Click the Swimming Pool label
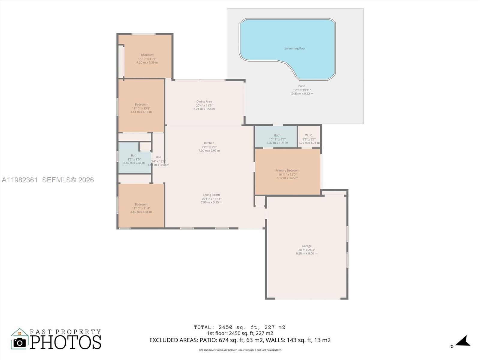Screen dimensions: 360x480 pos(295,48)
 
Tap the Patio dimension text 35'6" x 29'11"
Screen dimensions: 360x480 pos(301,90)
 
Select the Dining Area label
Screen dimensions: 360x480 pos(204,101)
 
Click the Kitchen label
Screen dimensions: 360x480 pos(209,143)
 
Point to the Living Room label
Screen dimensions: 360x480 pos(211,195)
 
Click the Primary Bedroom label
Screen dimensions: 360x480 pos(287,170)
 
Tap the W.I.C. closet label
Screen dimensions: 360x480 pos(309,135)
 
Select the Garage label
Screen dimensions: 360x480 pos(306,246)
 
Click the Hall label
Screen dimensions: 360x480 pos(158,157)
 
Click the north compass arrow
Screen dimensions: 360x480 pos(463,341)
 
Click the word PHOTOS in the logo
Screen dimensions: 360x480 pos(65,342)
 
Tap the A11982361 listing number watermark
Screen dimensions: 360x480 pos(20,180)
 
